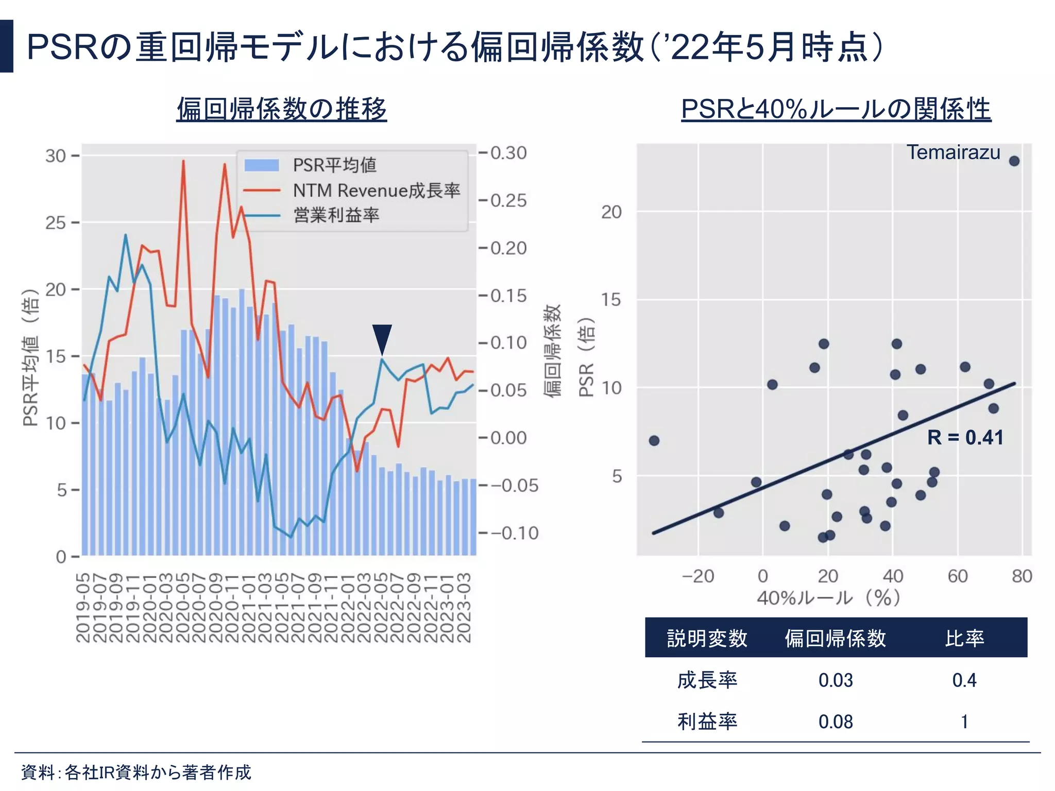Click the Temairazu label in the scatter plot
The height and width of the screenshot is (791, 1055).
click(x=953, y=152)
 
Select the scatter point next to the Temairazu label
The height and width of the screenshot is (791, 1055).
click(x=1014, y=161)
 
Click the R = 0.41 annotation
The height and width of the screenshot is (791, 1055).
click(x=965, y=438)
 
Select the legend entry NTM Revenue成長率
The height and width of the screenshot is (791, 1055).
click(x=376, y=191)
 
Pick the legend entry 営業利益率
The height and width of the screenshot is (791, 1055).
click(x=336, y=215)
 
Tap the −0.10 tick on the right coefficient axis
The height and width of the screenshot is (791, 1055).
click(x=514, y=533)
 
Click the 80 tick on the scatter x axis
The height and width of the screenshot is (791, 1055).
click(x=1022, y=576)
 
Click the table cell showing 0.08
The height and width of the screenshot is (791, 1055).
click(x=835, y=722)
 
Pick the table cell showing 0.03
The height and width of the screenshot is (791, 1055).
click(x=835, y=680)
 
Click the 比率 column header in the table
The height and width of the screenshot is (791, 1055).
click(x=964, y=638)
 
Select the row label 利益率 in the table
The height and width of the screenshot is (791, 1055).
click(x=707, y=722)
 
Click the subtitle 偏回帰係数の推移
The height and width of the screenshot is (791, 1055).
click(x=281, y=109)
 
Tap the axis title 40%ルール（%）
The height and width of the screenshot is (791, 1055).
click(x=828, y=598)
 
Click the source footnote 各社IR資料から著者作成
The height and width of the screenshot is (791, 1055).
click(x=158, y=772)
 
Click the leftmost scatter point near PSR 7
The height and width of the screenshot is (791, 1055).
click(x=654, y=441)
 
